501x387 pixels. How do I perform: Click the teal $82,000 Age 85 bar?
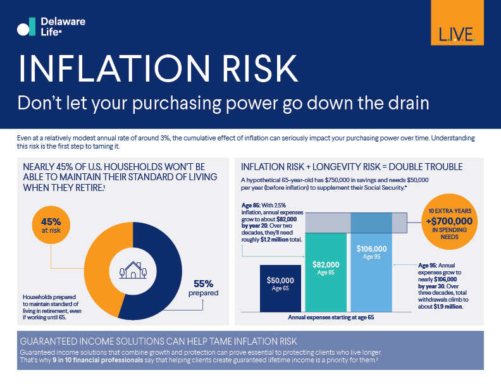coord(326,272)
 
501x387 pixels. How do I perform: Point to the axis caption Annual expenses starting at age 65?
coord(331,317)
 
